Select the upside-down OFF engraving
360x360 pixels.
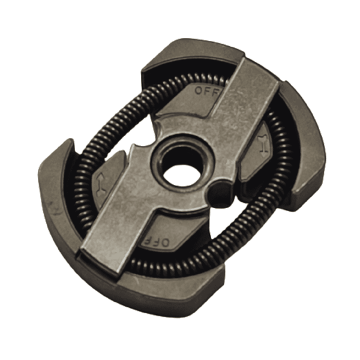point(157,242)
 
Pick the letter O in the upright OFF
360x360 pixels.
point(198,91)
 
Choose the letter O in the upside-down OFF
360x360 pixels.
point(166,242)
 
